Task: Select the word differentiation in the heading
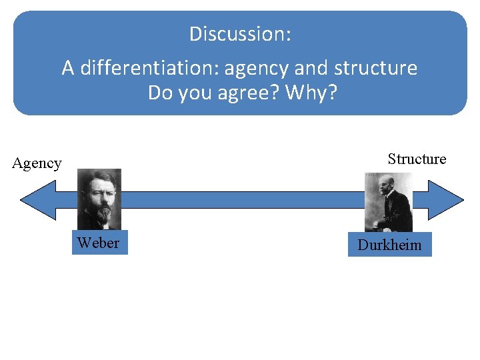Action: [x=150, y=68]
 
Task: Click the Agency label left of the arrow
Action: [x=37, y=163]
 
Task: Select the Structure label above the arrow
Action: [x=417, y=159]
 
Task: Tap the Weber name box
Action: [x=99, y=243]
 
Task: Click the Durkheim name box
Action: [x=389, y=245]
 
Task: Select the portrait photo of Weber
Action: [x=99, y=199]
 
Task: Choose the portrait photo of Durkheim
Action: [x=389, y=202]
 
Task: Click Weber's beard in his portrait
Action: [x=101, y=213]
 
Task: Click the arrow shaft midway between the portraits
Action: [x=243, y=200]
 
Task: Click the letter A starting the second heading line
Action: [x=68, y=68]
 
